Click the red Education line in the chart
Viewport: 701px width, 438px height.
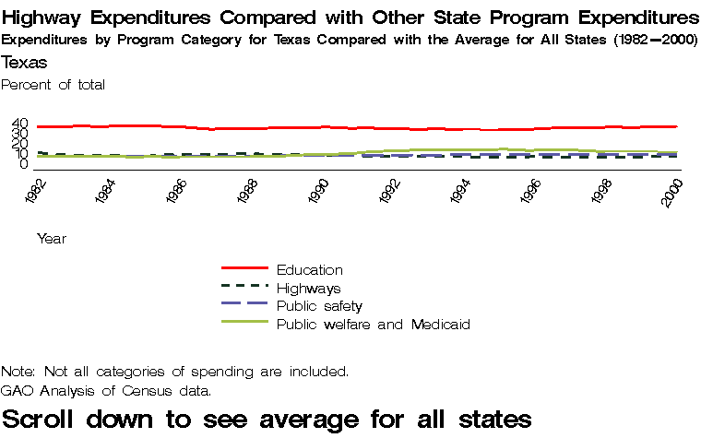tap(277, 127)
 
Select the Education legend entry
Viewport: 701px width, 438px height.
tap(310, 270)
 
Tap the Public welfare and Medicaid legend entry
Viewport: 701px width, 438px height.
tap(374, 325)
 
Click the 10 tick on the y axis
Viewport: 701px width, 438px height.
tap(20, 154)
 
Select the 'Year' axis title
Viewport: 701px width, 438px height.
tap(51, 239)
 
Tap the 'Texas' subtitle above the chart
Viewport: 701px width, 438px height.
tap(25, 63)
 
